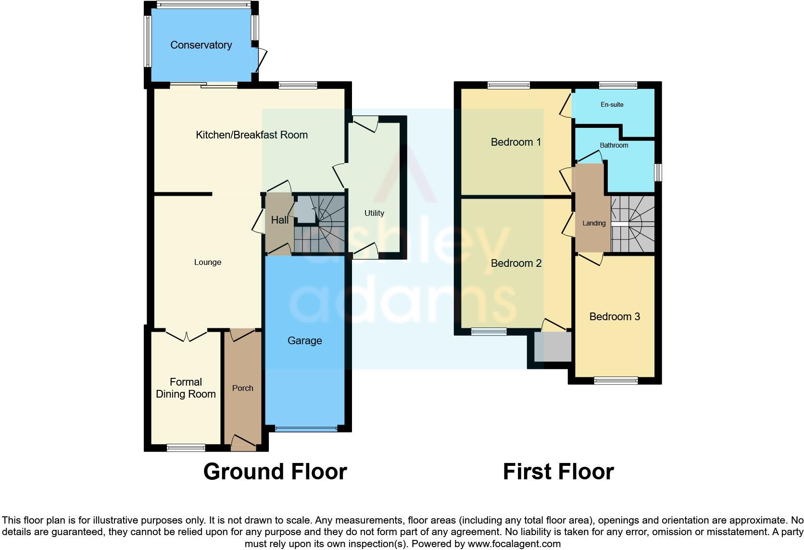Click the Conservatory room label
pos(201,45)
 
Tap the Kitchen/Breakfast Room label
pos(251,135)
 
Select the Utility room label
pos(374,213)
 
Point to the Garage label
pos(304,341)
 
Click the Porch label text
pos(242,388)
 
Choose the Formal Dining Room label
pos(186,388)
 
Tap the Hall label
pos(279,220)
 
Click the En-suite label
pos(612,105)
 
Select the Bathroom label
pos(614,145)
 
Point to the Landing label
pos(594,224)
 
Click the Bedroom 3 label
pos(615,317)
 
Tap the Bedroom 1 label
pos(515,142)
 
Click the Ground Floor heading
pos(275,472)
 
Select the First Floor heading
pos(558,472)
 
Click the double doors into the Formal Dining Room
pos(187,335)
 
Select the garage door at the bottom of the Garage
pos(306,428)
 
